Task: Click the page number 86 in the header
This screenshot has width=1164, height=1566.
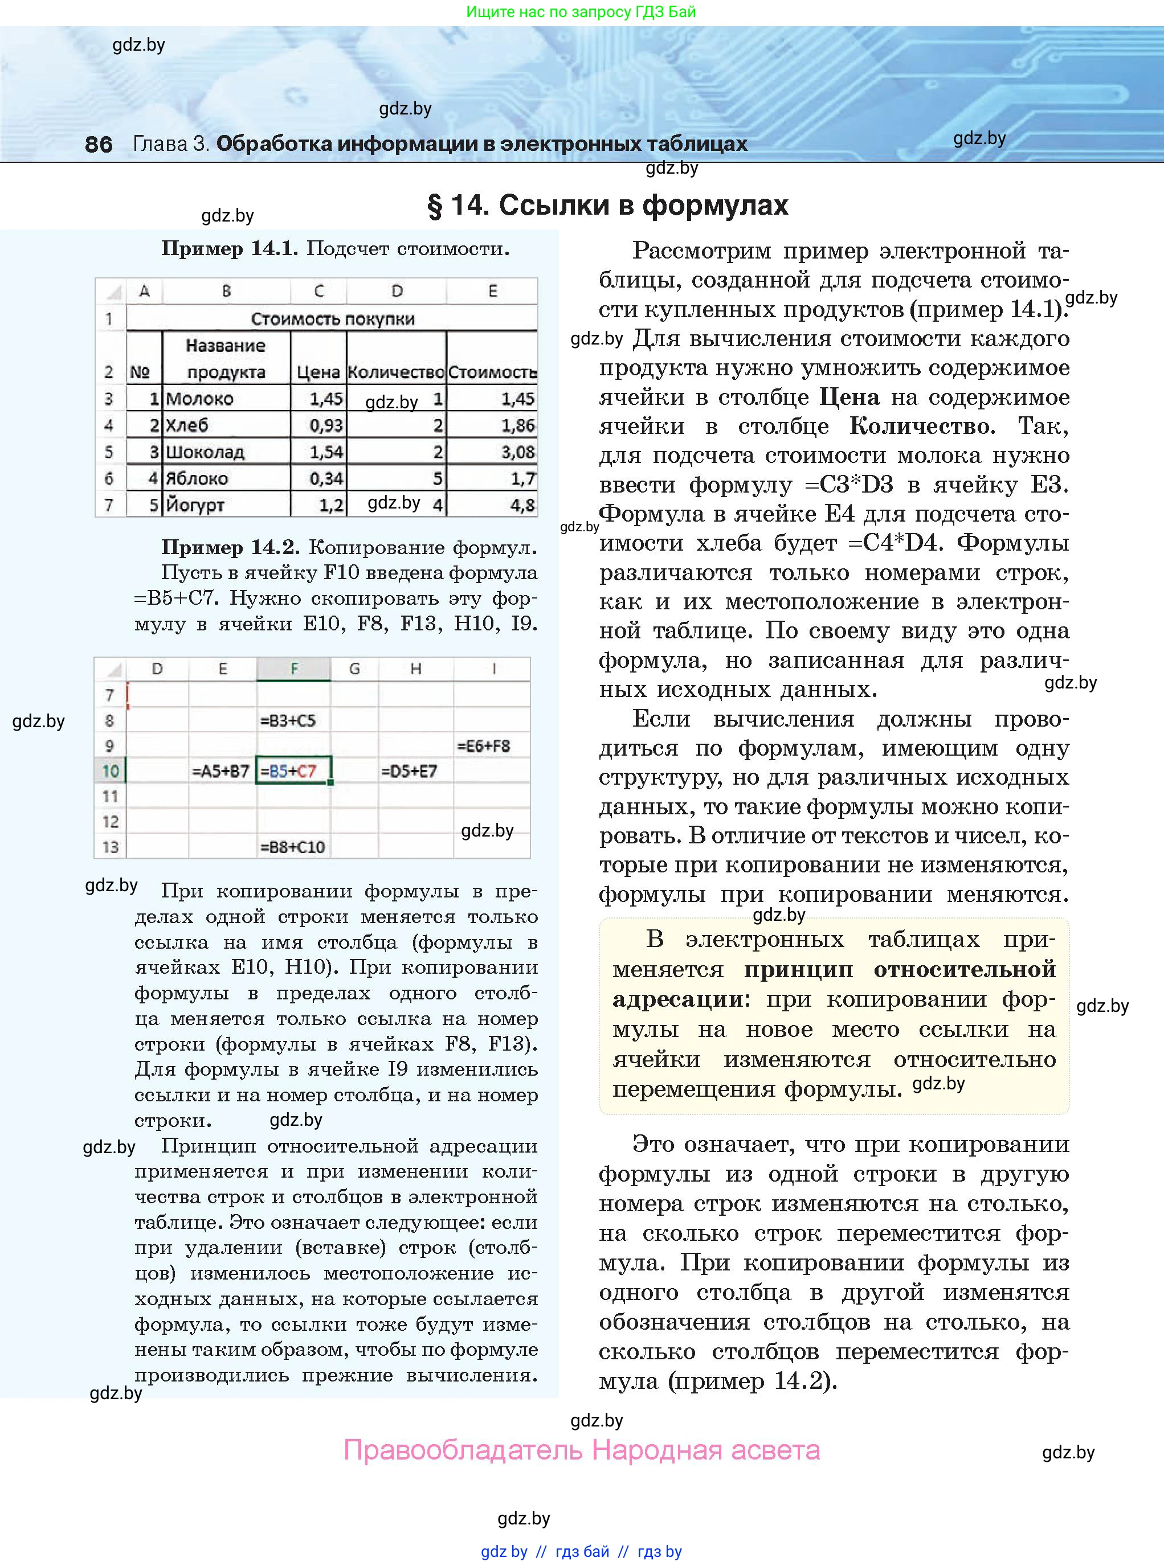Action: click(x=98, y=144)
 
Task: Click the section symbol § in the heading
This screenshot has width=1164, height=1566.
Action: click(x=435, y=206)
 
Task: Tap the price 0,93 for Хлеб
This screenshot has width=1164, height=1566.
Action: click(x=326, y=425)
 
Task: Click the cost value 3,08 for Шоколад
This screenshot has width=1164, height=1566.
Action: click(x=518, y=452)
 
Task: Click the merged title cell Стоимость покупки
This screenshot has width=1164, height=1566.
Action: click(x=333, y=318)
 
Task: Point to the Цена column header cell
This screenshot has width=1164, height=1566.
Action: click(x=318, y=372)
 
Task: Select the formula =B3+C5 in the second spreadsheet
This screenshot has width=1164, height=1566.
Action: click(x=288, y=720)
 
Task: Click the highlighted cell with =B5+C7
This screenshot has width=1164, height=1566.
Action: click(x=289, y=771)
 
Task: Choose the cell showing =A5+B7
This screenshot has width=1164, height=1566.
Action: click(x=220, y=771)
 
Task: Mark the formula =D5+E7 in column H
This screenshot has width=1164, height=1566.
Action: click(x=409, y=771)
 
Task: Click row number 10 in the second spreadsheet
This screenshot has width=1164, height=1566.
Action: click(x=110, y=771)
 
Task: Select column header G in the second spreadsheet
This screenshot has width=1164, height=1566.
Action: click(x=354, y=669)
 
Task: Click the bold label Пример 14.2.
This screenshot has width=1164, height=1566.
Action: click(x=230, y=547)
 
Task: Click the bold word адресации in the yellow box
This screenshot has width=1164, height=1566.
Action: click(x=677, y=999)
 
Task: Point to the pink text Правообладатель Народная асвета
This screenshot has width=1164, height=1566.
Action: click(x=581, y=1450)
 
